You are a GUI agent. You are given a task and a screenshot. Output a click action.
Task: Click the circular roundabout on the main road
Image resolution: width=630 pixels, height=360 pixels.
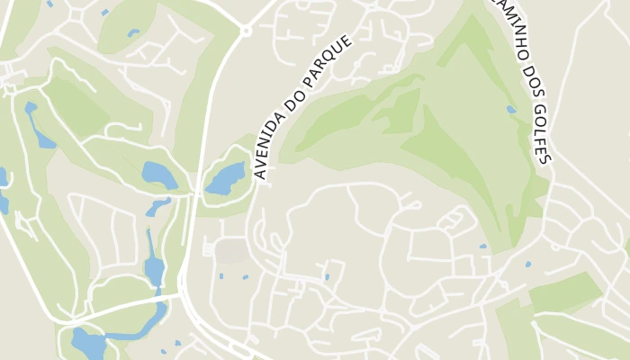click(x=246, y=31)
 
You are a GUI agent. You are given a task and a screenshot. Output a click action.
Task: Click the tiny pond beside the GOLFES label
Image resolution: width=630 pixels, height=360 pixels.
click(x=511, y=110)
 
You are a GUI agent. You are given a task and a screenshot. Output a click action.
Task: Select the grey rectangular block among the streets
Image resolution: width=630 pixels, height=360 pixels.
click(x=233, y=251)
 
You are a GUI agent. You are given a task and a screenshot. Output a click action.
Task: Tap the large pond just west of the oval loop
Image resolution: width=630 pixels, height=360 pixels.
click(x=159, y=174)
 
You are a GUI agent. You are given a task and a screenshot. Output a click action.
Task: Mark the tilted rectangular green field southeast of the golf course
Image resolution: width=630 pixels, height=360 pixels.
click(x=566, y=292)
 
